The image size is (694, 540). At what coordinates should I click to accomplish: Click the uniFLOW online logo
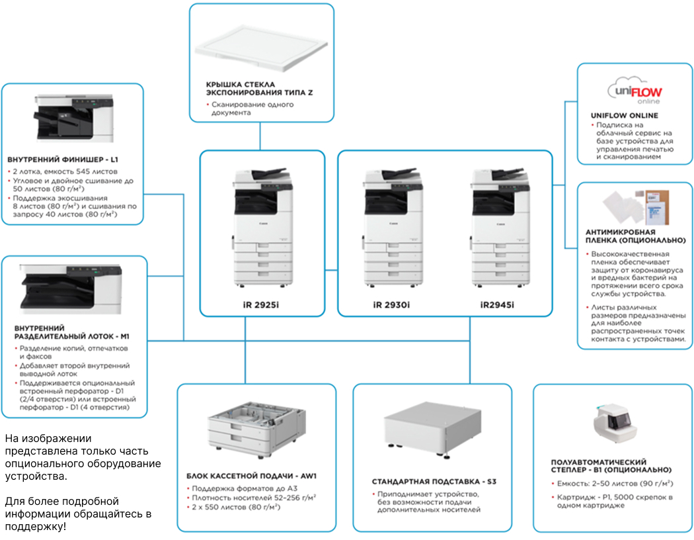(635, 91)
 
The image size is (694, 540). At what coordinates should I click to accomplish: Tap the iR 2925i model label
(260, 305)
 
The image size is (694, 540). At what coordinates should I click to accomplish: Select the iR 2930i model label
(391, 305)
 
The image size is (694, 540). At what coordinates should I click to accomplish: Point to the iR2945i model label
(497, 305)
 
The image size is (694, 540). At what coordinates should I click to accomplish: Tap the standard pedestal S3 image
(432, 429)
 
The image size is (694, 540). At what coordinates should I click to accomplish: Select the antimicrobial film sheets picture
(636, 207)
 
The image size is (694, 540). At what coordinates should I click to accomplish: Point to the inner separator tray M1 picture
(70, 289)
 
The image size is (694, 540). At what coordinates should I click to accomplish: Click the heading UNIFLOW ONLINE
(624, 116)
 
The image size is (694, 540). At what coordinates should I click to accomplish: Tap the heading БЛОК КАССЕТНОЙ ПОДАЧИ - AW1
(251, 476)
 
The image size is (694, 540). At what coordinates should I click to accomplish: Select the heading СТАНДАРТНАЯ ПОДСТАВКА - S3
(434, 482)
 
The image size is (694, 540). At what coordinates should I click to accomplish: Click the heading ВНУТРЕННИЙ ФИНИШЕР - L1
(63, 159)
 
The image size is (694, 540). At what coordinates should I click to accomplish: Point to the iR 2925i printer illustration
(262, 227)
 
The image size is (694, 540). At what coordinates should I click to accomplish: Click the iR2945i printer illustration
(500, 227)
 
